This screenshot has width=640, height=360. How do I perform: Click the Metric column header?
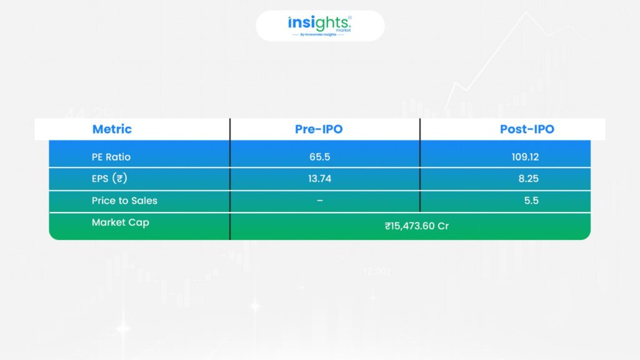[112, 129]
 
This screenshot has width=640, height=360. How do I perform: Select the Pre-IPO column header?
[319, 129]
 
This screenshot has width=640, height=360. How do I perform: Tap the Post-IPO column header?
[527, 129]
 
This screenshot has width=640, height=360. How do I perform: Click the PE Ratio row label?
[111, 157]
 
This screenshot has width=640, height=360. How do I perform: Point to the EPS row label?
[109, 179]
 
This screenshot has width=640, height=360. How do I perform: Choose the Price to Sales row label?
[124, 201]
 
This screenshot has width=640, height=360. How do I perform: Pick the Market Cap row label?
[121, 222]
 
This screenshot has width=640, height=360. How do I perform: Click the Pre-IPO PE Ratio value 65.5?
[319, 157]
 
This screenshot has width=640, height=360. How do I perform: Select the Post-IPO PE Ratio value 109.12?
[525, 157]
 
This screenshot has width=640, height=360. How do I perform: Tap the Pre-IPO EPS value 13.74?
[319, 179]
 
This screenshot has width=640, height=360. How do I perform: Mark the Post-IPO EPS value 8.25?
[529, 179]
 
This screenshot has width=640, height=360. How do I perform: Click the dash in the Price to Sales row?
[319, 201]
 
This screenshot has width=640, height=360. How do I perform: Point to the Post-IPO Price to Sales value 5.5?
[531, 201]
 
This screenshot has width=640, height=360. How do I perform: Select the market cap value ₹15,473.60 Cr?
[417, 226]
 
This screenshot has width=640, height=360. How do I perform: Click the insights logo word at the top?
[318, 23]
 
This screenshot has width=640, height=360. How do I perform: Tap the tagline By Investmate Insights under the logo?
[318, 35]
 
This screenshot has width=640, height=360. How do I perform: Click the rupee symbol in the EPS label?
[119, 179]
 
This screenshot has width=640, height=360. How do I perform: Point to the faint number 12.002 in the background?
[377, 271]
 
